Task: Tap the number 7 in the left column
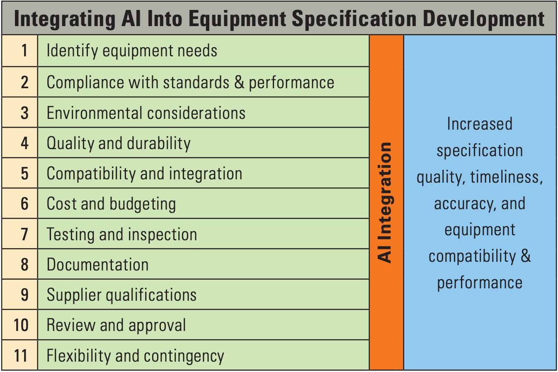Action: (x=24, y=234)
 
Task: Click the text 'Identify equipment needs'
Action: (x=132, y=51)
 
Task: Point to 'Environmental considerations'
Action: (x=146, y=113)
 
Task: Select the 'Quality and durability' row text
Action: (x=119, y=143)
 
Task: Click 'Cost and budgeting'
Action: (x=111, y=204)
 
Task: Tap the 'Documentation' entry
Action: (x=97, y=265)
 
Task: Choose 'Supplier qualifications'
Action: (x=121, y=295)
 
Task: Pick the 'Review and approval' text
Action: (x=116, y=325)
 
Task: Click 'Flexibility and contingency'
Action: (x=135, y=356)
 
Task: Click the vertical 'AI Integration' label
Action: (x=385, y=202)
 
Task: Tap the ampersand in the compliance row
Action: (x=239, y=82)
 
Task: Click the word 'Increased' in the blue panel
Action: (x=480, y=124)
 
